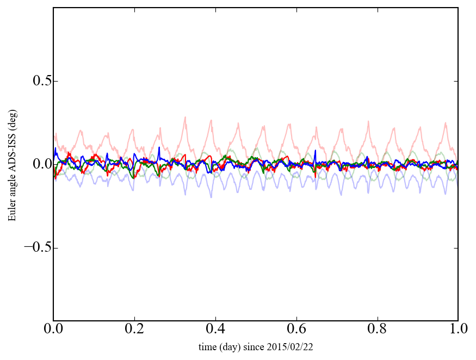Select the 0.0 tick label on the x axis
[x=53, y=329]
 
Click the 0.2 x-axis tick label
[x=134, y=329]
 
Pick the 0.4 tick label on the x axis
[x=215, y=329]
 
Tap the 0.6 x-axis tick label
[x=296, y=329]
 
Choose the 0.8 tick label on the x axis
[x=377, y=329]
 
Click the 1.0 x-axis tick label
[x=458, y=329]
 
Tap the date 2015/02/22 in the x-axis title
[x=294, y=346]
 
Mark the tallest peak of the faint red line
[x=185, y=117]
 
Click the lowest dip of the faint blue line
[x=211, y=197]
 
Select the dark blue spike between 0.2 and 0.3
[x=159, y=147]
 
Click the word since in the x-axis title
[x=254, y=346]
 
